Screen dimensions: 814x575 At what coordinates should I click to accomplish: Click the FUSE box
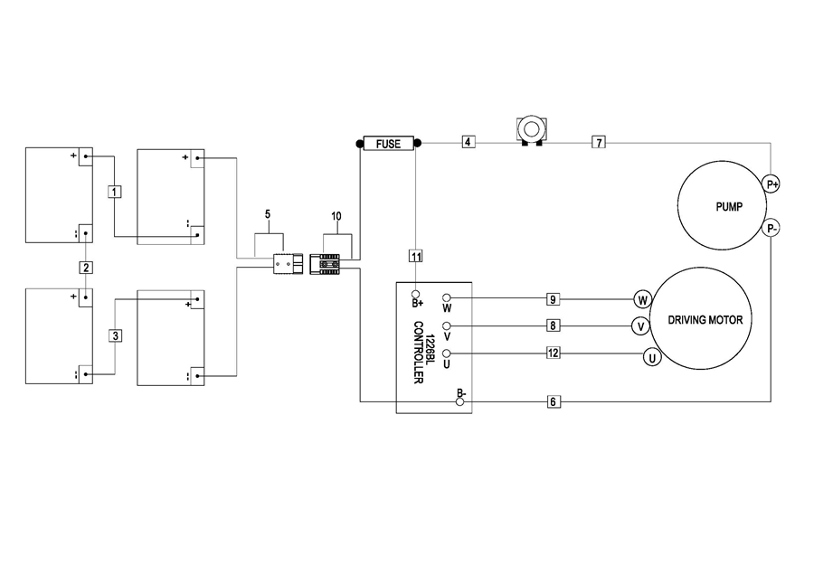coord(388,143)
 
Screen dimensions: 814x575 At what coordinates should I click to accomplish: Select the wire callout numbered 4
coord(469,142)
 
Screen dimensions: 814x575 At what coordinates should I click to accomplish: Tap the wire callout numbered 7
coord(599,142)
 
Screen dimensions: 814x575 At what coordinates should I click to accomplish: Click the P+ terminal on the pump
coord(772,184)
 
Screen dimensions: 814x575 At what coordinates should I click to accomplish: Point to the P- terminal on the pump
coord(772,229)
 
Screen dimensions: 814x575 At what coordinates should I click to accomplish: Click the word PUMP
coord(729,206)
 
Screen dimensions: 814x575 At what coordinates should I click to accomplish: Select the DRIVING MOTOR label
coord(705,320)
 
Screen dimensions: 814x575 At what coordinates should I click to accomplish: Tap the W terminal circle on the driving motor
coord(642,299)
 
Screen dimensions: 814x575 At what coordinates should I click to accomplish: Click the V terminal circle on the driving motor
coord(640,326)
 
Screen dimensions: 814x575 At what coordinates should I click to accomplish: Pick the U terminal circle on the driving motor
coord(652,357)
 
